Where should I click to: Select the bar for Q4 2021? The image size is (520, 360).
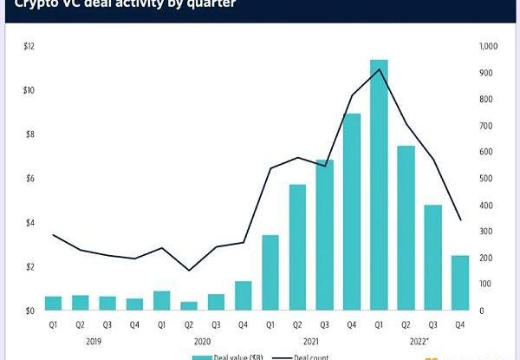point(352,212)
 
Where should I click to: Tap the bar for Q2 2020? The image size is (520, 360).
point(188,305)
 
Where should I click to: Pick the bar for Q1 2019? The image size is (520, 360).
point(54,303)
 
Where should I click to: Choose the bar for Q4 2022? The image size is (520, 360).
point(459,283)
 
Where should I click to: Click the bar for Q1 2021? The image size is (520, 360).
point(270,272)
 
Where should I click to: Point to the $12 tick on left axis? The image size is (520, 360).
point(29,45)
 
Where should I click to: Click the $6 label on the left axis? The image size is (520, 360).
point(29,179)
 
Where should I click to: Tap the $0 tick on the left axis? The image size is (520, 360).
point(29,311)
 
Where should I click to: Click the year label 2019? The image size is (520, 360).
point(94,342)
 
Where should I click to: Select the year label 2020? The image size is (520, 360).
point(202,342)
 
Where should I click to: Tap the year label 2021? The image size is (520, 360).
point(310,342)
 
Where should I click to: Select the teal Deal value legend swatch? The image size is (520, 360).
point(201,357)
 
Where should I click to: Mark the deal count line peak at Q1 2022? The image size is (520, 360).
point(379,69)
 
